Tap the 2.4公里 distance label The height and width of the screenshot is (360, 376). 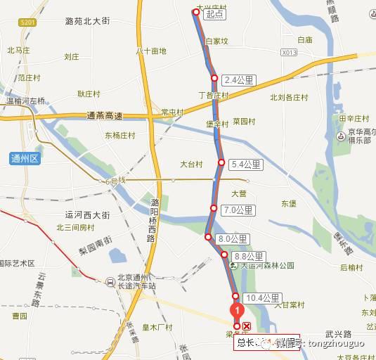(x=237, y=79)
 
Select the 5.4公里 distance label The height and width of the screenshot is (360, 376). (x=246, y=165)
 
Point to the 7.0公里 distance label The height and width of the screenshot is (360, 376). (x=237, y=210)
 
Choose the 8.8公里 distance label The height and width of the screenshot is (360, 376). (x=249, y=257)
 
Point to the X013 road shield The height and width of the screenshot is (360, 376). (x=289, y=52)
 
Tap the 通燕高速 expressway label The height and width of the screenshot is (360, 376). (x=105, y=117)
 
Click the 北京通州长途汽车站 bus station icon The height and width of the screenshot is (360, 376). (x=110, y=283)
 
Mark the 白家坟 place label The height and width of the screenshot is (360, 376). (x=216, y=41)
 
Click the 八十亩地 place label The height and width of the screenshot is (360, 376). (x=151, y=51)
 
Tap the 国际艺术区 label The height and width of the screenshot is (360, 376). (x=18, y=263)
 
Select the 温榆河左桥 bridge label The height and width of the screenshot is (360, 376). (x=25, y=101)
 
